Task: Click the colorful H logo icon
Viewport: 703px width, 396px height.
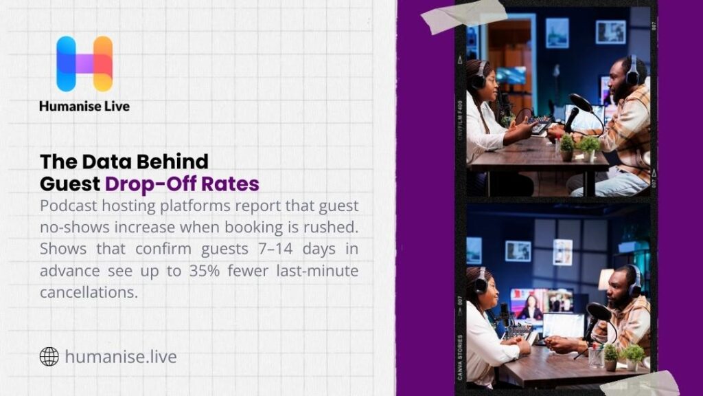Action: click(84, 64)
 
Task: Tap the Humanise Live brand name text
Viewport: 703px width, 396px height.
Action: click(84, 107)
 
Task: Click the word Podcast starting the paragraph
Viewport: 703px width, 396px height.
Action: click(68, 206)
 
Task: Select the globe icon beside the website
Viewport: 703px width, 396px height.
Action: click(49, 357)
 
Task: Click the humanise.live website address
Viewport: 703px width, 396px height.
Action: click(121, 357)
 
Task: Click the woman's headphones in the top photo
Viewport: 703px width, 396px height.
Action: click(478, 74)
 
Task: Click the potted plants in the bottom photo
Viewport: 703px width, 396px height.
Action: click(623, 357)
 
